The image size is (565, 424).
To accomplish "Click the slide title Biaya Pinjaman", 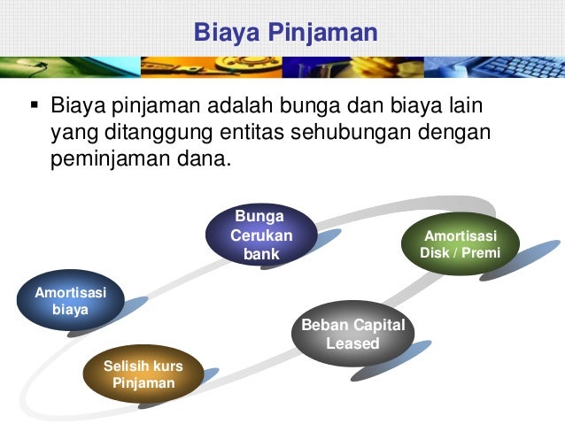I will pos(285,33).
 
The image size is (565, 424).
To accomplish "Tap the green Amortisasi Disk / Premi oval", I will pos(460,244).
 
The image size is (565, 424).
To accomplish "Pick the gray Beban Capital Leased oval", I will pos(352,334).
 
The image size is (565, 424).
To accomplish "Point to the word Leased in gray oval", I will pos(352,343).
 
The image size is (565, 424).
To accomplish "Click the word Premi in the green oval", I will pos(482,253).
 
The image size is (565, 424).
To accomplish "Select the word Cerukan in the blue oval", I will pos(261,235).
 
